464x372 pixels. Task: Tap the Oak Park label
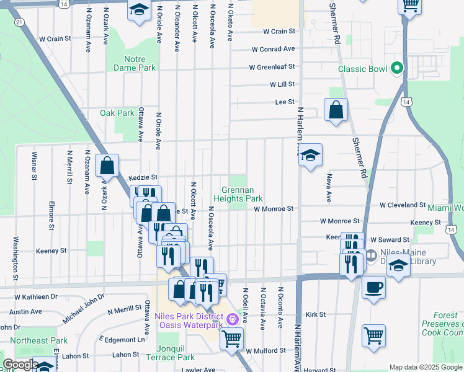(117, 113)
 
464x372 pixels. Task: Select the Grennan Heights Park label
(239, 195)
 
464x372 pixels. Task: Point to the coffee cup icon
(373, 287)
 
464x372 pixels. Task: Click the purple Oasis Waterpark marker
(233, 319)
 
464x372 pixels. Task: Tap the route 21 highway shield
(20, 22)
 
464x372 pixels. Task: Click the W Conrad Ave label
(274, 50)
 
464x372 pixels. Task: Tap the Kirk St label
(316, 315)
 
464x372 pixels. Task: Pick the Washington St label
(14, 254)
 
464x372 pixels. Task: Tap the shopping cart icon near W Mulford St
(231, 339)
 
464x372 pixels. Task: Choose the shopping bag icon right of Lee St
(336, 110)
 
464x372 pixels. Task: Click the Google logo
(20, 365)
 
